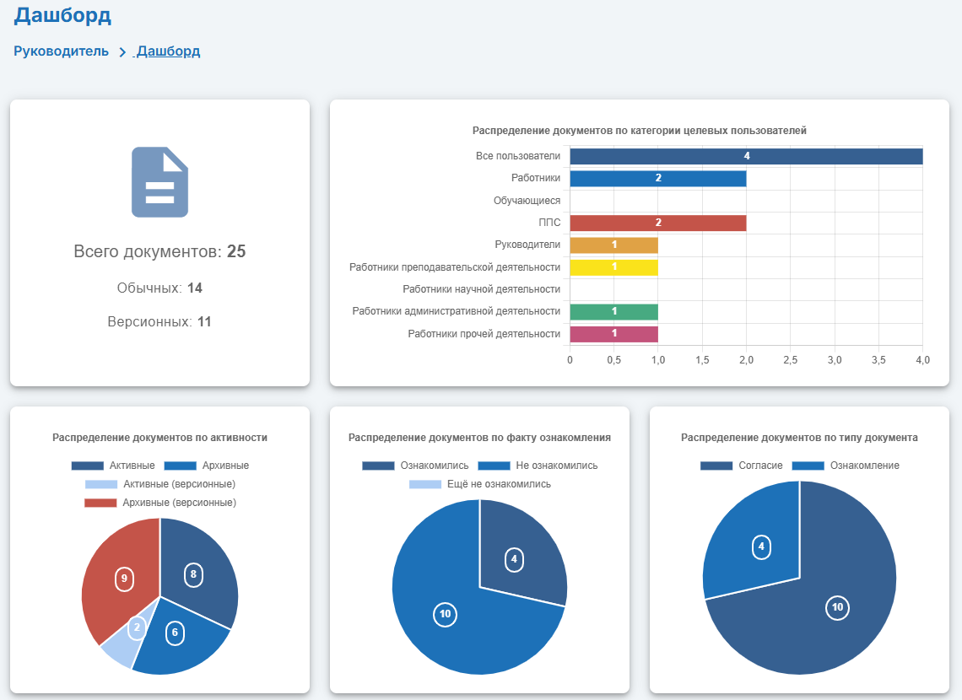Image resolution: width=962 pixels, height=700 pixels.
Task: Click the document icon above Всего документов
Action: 159,182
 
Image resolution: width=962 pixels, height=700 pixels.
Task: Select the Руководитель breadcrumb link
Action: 61,51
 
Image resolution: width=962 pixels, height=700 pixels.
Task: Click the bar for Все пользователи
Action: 746,156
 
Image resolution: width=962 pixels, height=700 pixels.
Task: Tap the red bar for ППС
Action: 657,223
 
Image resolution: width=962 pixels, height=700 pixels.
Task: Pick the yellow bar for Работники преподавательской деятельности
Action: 613,267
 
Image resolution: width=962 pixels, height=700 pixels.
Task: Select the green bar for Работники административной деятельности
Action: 613,312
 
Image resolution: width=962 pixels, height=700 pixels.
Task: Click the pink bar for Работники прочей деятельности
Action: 613,334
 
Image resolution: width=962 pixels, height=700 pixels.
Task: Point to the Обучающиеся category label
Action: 527,201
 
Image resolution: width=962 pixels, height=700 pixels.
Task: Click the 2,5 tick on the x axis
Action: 790,360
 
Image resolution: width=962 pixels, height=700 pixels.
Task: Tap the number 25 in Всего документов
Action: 236,251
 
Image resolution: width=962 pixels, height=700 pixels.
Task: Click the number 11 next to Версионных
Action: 204,321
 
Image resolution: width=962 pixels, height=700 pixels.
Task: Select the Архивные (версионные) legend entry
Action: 160,503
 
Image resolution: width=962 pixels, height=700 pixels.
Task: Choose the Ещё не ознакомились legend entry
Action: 480,484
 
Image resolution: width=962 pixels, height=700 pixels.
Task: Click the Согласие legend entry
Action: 742,466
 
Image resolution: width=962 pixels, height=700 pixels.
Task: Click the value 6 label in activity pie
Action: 175,633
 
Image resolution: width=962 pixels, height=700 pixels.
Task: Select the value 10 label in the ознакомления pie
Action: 445,614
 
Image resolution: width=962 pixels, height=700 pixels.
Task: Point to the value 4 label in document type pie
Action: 761,547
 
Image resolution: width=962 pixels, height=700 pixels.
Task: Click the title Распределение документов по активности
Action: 159,438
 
